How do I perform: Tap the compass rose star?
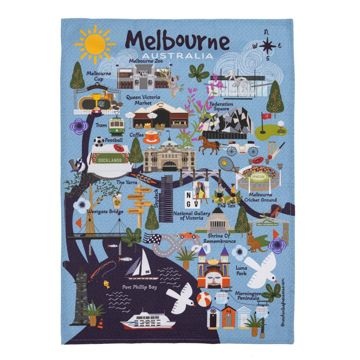coord(268,45)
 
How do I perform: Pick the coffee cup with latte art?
coord(152,136)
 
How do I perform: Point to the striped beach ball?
coord(203,299)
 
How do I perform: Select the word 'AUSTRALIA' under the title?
coord(177,56)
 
